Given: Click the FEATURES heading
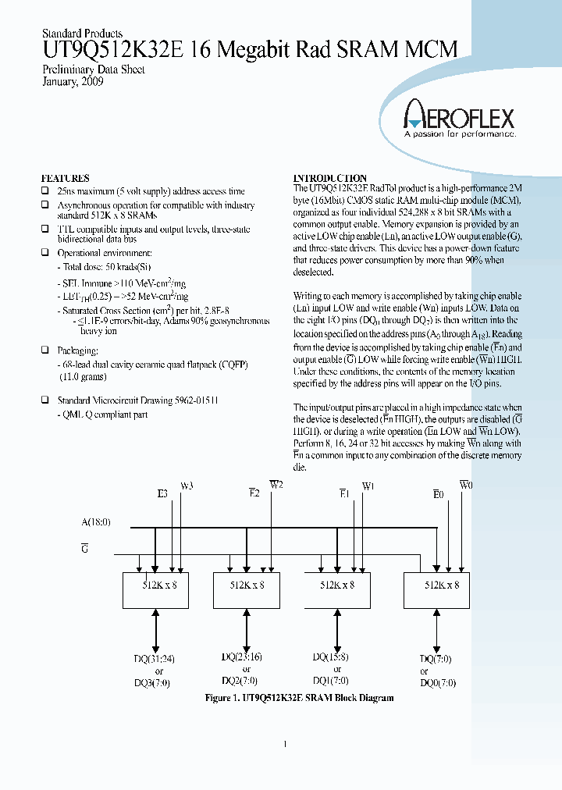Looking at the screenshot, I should click(x=65, y=178).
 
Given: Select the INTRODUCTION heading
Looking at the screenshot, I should click(x=329, y=178).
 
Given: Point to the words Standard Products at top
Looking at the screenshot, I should click(x=81, y=34).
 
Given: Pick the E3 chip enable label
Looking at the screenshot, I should click(x=162, y=493).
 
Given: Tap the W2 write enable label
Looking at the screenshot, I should click(x=276, y=485).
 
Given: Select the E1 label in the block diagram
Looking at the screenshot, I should click(x=343, y=493).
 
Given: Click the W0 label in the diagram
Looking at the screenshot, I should click(x=465, y=485).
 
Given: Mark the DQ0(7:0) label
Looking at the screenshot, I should click(x=437, y=682).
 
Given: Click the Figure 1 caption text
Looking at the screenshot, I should click(x=299, y=698).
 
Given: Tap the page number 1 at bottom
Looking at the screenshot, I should click(x=285, y=744).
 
